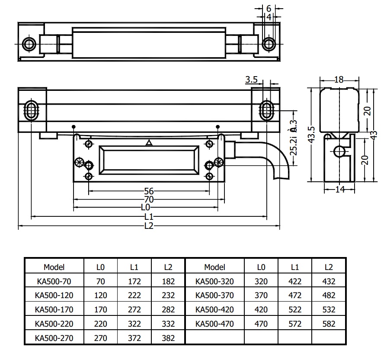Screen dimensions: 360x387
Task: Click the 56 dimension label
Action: [x=149, y=191]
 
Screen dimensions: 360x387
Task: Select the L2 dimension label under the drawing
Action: [x=149, y=225]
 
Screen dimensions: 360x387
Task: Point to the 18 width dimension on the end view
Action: [x=339, y=80]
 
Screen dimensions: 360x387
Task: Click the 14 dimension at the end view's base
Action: [x=339, y=189]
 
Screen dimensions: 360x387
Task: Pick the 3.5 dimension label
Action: [x=251, y=80]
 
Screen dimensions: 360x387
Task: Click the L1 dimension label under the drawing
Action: [x=149, y=217]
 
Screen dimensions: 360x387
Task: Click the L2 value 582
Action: [x=329, y=324]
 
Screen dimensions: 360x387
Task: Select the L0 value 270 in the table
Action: [x=101, y=338]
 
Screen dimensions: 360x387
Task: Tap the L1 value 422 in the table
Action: [x=294, y=281]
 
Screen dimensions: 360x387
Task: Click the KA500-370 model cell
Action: [x=215, y=296]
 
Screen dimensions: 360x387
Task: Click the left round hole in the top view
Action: [x=29, y=44]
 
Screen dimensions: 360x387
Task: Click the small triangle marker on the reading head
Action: [x=149, y=142]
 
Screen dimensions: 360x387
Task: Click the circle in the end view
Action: [x=340, y=151]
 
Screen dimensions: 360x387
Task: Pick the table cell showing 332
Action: [x=169, y=324]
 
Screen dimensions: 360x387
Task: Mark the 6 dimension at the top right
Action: [x=269, y=8]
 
